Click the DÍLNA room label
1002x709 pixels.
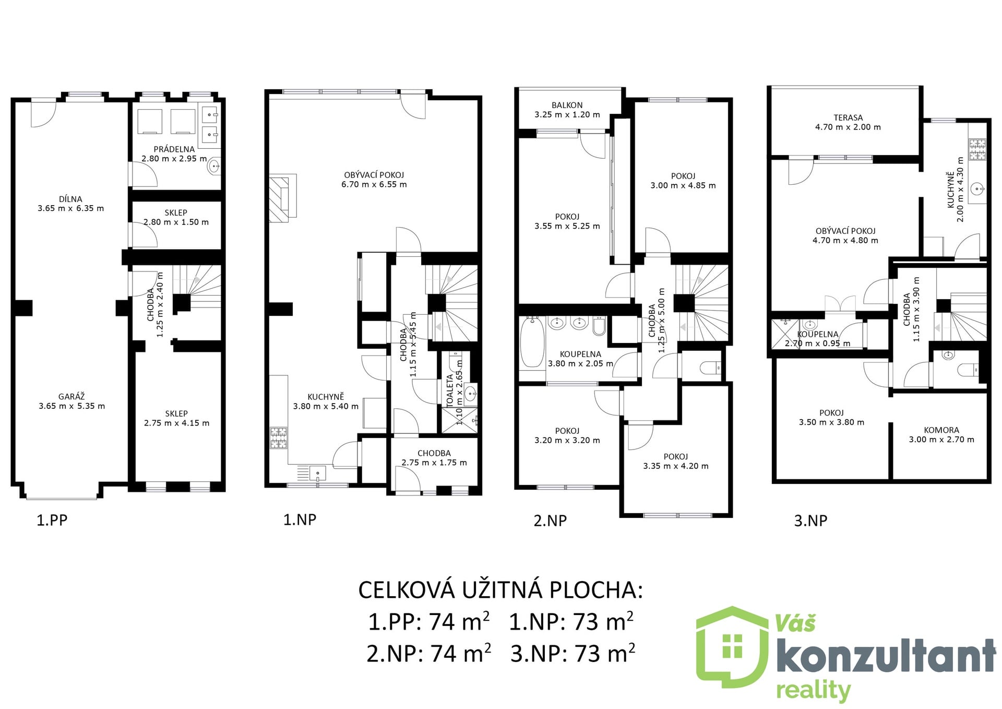[70, 199]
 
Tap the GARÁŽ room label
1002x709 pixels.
[71, 397]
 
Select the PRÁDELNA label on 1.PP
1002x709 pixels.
[174, 149]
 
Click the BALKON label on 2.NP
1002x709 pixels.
[567, 105]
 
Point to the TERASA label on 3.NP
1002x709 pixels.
[848, 117]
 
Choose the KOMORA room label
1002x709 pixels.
[941, 430]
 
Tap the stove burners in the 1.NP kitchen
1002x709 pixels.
[278, 438]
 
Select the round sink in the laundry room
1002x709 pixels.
[213, 167]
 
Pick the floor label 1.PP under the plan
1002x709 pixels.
[52, 520]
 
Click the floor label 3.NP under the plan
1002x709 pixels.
[810, 521]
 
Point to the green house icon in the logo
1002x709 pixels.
[733, 647]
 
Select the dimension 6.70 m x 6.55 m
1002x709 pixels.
[374, 184]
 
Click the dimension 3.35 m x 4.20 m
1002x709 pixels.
[676, 466]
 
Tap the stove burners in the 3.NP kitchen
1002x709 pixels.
[977, 149]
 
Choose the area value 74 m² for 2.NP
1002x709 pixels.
[460, 654]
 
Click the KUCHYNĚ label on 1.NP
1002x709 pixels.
[326, 397]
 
